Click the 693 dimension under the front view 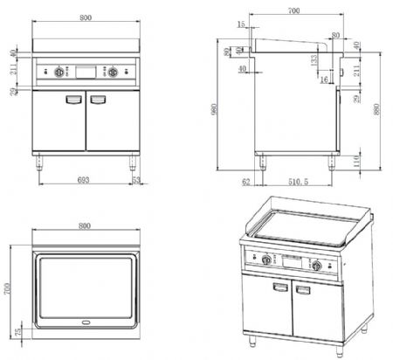(84, 178)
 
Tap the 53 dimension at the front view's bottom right (135, 178)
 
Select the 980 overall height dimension (225, 108)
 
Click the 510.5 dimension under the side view (297, 181)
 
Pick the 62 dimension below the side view (247, 181)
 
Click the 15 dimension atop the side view (241, 24)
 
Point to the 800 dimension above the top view (85, 225)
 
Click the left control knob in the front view (60, 73)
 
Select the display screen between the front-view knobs (86, 73)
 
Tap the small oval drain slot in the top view (86, 322)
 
